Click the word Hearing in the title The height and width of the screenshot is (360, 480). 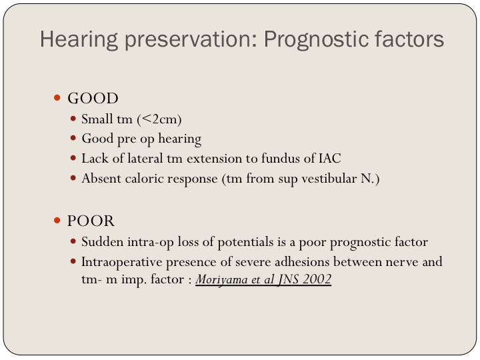[79, 39]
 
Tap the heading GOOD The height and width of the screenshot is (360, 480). [93, 98]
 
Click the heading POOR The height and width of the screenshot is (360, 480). [91, 221]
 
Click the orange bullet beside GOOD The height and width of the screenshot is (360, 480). [57, 97]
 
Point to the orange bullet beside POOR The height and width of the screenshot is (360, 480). [57, 220]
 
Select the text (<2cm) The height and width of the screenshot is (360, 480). [159, 119]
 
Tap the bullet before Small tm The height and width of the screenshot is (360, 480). [73, 118]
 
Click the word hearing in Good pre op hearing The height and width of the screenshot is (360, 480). [180, 139]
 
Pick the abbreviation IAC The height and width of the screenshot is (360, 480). [330, 159]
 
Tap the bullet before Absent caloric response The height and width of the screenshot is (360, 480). [73, 178]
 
